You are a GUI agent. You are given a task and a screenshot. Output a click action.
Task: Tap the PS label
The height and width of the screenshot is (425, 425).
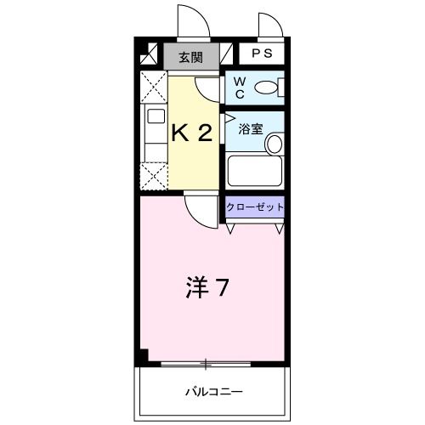[x=261, y=54]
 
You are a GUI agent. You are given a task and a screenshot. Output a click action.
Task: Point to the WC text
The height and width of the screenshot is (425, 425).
[x=239, y=88]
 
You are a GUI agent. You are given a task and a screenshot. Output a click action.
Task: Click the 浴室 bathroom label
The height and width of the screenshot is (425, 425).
[x=250, y=130]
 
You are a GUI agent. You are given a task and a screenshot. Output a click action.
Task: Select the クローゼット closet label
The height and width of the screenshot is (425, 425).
[x=254, y=207]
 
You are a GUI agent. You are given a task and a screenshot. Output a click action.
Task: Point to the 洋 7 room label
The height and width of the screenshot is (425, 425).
[x=207, y=288]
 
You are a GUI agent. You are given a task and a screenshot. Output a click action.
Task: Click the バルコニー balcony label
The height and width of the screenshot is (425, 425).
[x=213, y=391]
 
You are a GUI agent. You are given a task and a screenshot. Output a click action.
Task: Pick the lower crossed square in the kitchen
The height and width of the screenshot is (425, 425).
[x=154, y=177]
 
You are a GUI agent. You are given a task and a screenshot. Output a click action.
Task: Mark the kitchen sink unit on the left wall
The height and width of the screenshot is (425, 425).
[x=154, y=133]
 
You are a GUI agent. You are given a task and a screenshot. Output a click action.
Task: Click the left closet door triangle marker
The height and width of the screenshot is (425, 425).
[x=231, y=229]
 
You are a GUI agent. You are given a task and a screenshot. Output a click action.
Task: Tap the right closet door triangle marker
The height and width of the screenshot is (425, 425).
[x=278, y=229]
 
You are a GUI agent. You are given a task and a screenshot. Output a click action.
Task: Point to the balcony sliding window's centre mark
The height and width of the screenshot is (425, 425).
[x=205, y=364]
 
